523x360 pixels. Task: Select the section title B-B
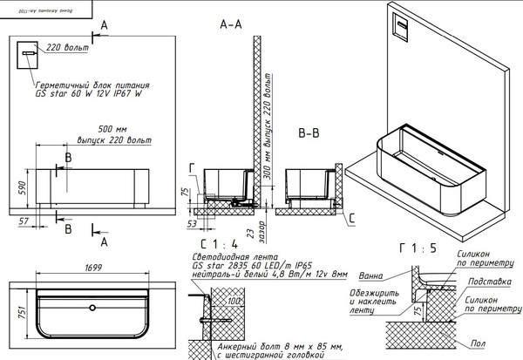(x=312, y=134)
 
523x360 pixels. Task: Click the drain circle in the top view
(x=92, y=308)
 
